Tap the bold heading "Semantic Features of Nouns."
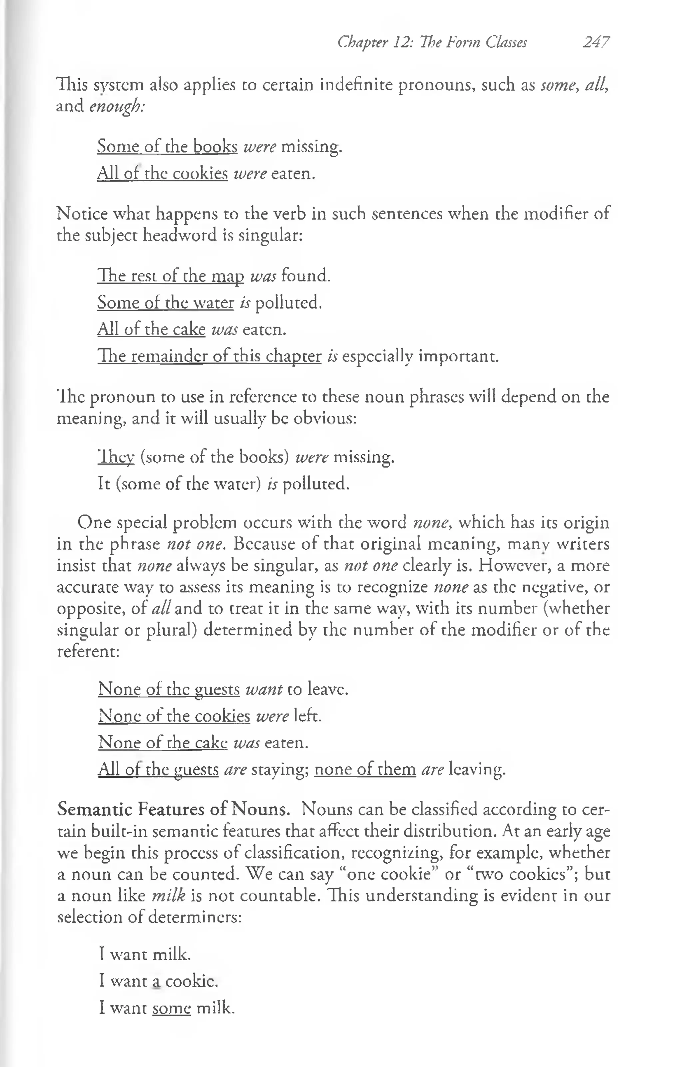coord(173,809)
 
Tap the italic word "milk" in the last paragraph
coord(168,896)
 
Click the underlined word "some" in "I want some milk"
coord(171,1008)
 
